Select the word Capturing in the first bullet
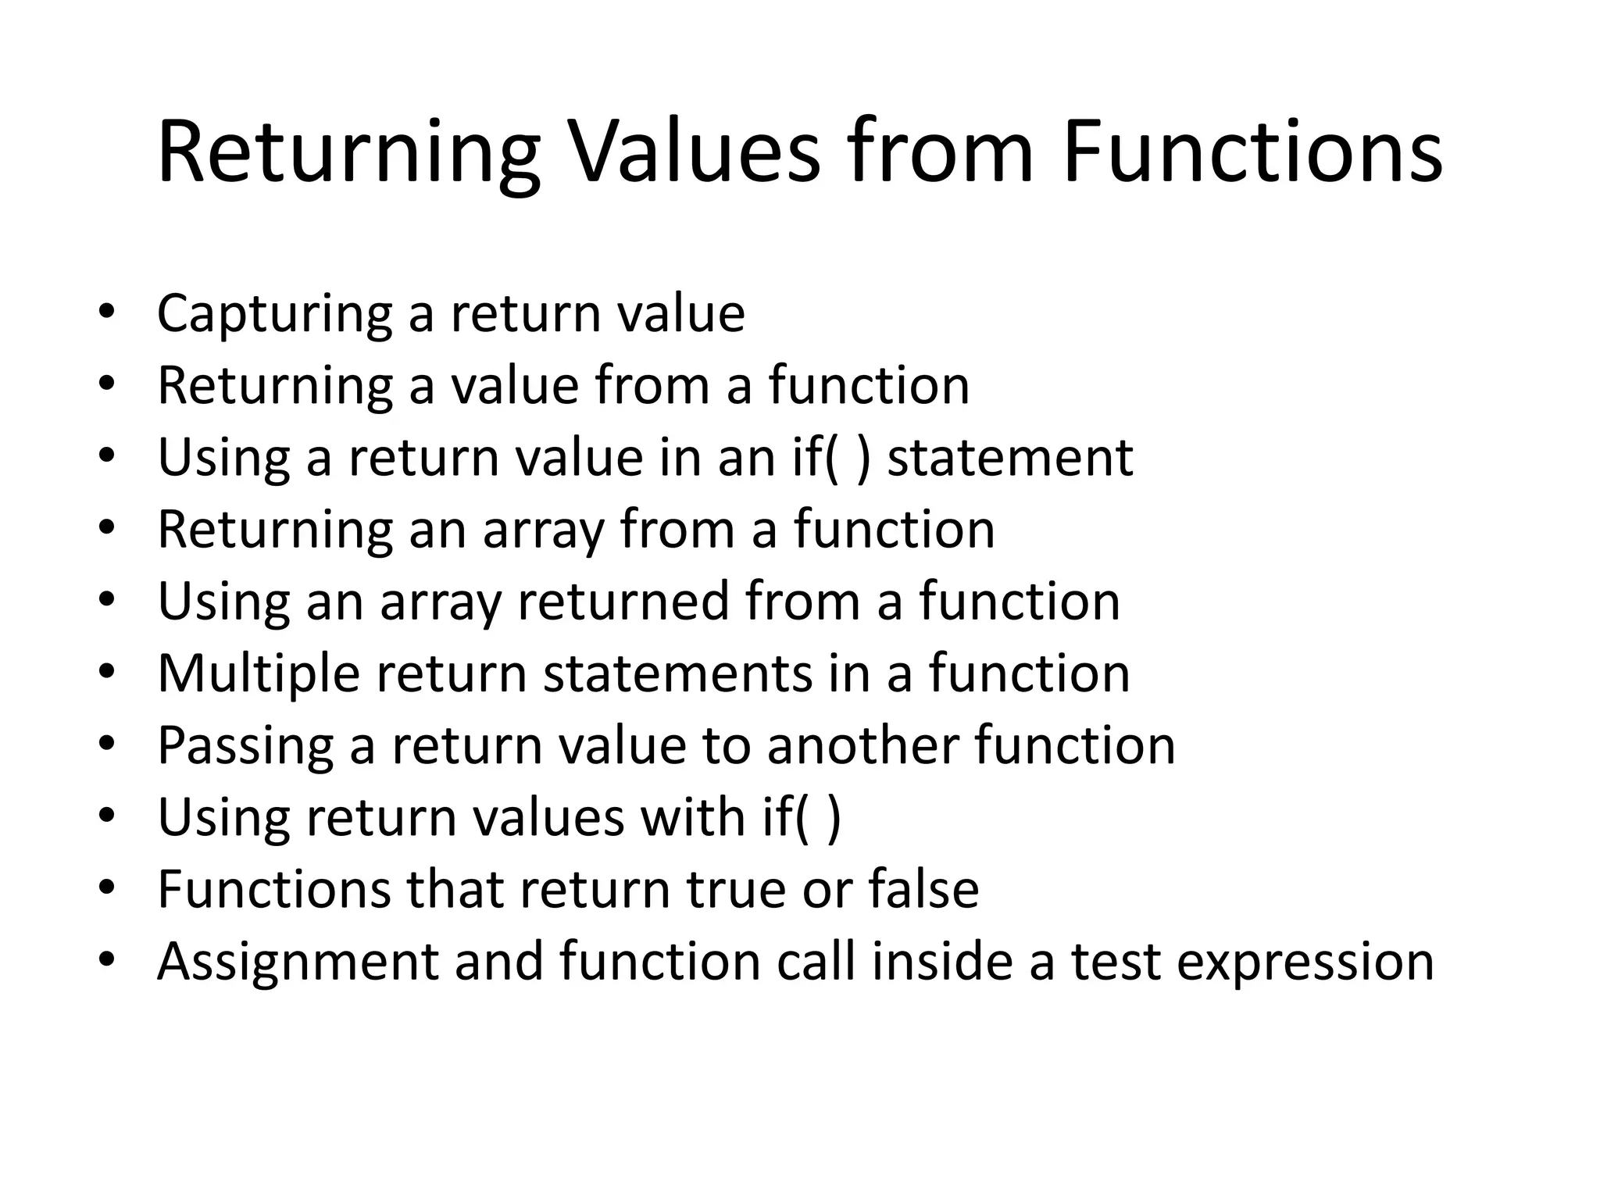[274, 314]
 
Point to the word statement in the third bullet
[1010, 458]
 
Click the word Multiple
[259, 674]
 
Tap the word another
[862, 745]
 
